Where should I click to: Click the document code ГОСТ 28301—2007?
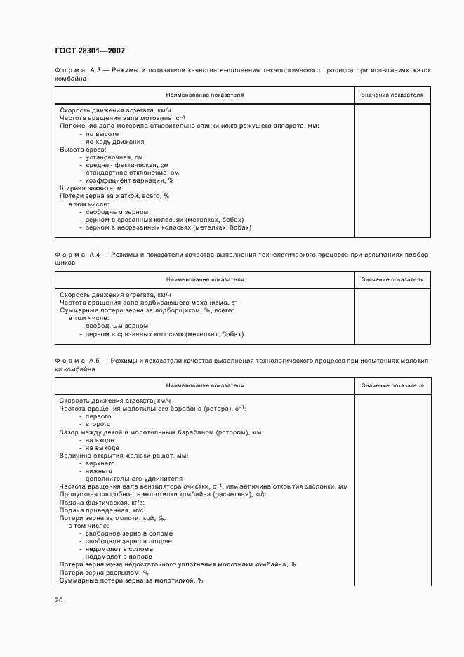coord(89,51)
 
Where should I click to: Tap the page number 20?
coord(59,600)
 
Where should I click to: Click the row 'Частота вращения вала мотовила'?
coord(121,118)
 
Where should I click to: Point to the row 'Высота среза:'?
coord(83,150)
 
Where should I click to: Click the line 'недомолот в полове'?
coord(119,557)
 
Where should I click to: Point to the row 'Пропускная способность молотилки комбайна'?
coord(162,495)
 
